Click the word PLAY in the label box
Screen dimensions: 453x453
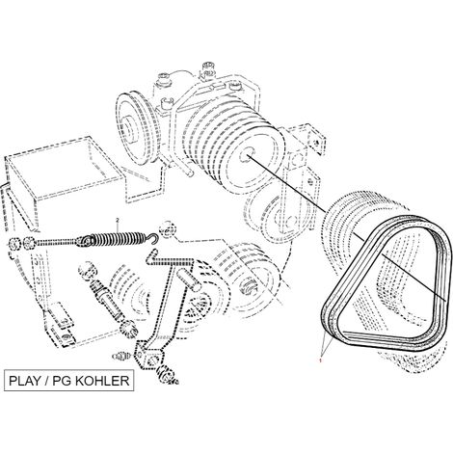[x=25, y=381]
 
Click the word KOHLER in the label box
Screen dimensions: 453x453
[x=102, y=381]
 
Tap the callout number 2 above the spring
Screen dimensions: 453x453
[x=118, y=220]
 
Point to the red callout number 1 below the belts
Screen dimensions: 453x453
[x=320, y=361]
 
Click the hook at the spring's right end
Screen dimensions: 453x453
[x=153, y=238]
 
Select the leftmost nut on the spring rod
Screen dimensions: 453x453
[x=14, y=244]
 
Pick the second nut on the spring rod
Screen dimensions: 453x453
[x=28, y=243]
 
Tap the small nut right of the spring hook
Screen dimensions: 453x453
[x=168, y=230]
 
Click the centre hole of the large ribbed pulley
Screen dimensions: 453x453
[x=248, y=156]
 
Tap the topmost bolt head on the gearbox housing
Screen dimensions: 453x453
[x=208, y=67]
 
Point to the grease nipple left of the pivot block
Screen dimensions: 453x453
[x=122, y=356]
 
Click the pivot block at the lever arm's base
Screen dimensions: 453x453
[x=149, y=356]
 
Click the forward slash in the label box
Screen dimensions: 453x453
[x=47, y=381]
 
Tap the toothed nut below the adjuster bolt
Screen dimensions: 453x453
[x=128, y=329]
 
